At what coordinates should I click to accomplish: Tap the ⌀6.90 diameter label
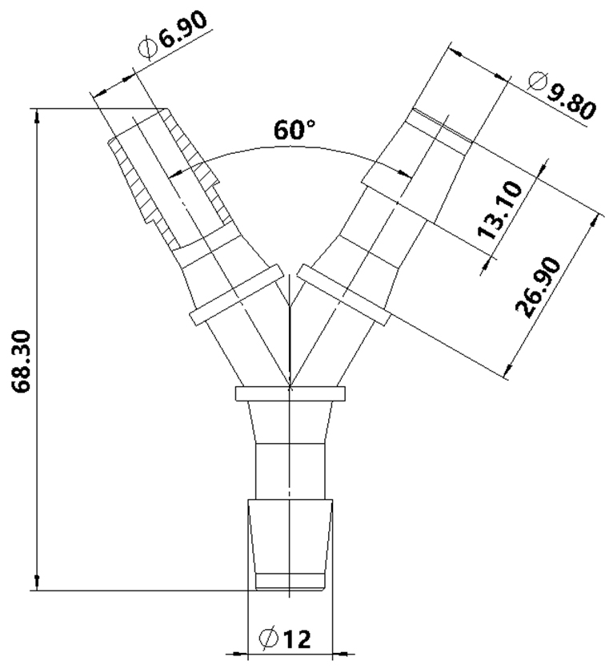click(178, 33)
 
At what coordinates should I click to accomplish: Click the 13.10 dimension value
click(499, 211)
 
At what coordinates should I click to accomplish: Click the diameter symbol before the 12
click(269, 639)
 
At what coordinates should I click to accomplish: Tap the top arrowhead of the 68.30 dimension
click(37, 115)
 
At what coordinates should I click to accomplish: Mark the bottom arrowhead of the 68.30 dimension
click(37, 584)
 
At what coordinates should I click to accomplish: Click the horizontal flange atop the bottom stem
click(290, 393)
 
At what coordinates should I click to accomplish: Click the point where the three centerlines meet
click(290, 386)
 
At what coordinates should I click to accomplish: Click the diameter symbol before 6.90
click(150, 48)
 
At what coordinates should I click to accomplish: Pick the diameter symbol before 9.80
click(536, 80)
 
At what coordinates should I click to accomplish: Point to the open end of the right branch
click(439, 118)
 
